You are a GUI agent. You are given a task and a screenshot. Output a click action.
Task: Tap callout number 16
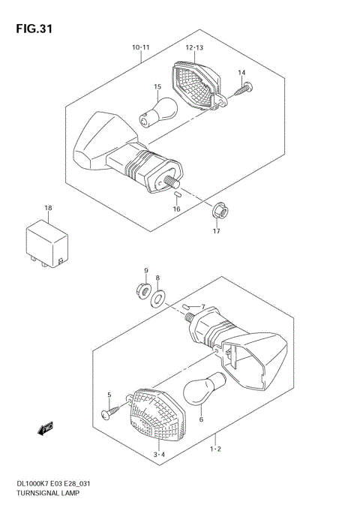tap(177, 209)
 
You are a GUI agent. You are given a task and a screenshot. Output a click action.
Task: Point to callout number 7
tap(202, 306)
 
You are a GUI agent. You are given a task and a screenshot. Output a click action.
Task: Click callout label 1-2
tap(214, 449)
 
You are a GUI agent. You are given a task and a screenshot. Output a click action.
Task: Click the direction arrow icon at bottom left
tap(46, 428)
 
